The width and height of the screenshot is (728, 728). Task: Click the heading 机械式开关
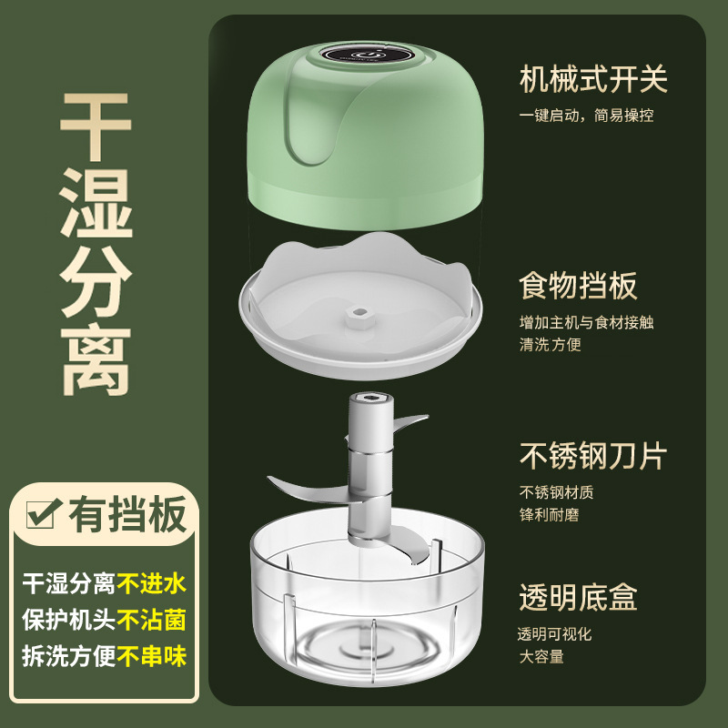click(593, 79)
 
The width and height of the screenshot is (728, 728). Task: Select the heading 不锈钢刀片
click(593, 454)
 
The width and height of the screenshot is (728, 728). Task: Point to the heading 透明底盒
click(578, 597)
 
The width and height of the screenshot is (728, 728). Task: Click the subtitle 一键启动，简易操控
click(586, 116)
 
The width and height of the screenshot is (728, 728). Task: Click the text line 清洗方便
click(550, 344)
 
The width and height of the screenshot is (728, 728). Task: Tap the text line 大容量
click(541, 656)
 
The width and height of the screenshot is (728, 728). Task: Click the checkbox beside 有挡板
click(43, 515)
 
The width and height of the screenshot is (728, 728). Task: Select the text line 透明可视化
click(555, 634)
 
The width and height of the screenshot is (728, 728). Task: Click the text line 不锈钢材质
click(556, 492)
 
